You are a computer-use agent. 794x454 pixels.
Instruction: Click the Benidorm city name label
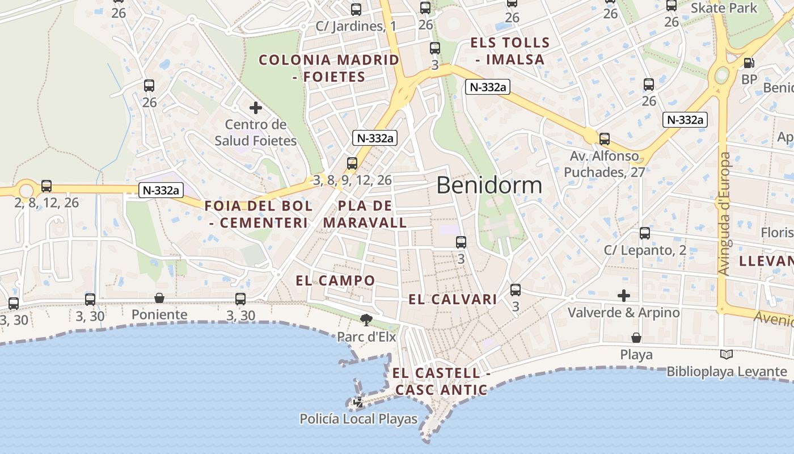(489, 186)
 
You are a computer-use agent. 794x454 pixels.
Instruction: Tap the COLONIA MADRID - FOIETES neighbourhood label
(329, 68)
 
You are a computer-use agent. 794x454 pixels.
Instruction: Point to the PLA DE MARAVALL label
(365, 214)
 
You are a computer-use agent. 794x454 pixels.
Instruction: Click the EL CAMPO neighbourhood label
(335, 280)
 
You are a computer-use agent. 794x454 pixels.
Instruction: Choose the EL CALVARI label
(453, 299)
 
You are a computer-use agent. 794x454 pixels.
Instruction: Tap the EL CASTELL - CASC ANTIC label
(441, 381)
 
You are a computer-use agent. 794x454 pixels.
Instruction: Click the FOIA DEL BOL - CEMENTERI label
(259, 214)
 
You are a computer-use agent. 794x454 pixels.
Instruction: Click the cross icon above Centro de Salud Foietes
(256, 107)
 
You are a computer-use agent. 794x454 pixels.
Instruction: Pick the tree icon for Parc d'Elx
(366, 320)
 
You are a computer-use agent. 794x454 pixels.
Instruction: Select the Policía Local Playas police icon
(358, 403)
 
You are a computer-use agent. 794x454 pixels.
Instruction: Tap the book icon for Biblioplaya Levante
(726, 355)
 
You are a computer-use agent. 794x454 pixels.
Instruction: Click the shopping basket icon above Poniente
(159, 298)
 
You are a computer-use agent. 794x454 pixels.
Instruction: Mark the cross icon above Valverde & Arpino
(624, 296)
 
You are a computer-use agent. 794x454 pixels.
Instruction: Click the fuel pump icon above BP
(749, 63)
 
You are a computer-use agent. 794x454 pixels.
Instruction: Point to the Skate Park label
(724, 8)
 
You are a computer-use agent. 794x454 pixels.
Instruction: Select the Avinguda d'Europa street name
(724, 214)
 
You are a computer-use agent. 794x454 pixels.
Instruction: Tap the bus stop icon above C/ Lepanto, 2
(645, 233)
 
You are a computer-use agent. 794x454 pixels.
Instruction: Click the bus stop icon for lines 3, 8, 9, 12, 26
(352, 163)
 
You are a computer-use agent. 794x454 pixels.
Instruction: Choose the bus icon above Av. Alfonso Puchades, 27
(605, 139)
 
